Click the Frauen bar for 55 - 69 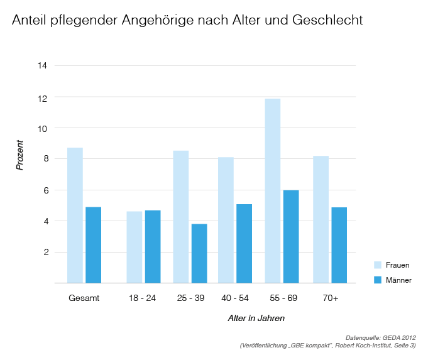pyautogui.click(x=272, y=191)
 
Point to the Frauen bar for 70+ pyautogui.click(x=321, y=219)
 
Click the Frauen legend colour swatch pyautogui.click(x=378, y=265)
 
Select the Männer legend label pyautogui.click(x=398, y=280)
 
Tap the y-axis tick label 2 pyautogui.click(x=45, y=252)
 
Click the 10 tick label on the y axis pyautogui.click(x=42, y=128)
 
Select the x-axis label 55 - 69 pyautogui.click(x=281, y=298)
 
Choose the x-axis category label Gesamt pyautogui.click(x=84, y=298)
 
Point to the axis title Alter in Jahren pyautogui.click(x=256, y=319)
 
